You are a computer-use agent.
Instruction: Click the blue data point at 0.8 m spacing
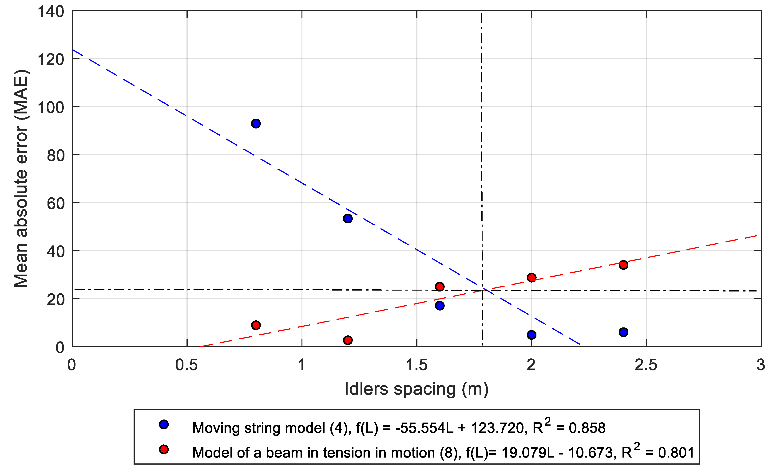[256, 124]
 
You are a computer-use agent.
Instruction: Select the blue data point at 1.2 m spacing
[348, 218]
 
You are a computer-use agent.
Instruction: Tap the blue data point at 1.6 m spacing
[440, 306]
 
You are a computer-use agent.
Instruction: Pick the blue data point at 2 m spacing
[531, 335]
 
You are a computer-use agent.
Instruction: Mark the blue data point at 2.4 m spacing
[623, 332]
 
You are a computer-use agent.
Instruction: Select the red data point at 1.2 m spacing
[348, 340]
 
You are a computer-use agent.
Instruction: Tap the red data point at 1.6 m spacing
[440, 286]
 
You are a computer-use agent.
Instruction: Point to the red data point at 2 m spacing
[531, 277]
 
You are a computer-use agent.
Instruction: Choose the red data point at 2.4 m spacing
[623, 265]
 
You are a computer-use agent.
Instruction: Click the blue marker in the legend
[164, 425]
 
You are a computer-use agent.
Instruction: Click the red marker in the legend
[164, 449]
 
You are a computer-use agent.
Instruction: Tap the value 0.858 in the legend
[587, 428]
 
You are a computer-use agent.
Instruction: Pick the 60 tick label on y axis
[55, 204]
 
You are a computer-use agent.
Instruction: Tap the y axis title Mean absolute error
[21, 179]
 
